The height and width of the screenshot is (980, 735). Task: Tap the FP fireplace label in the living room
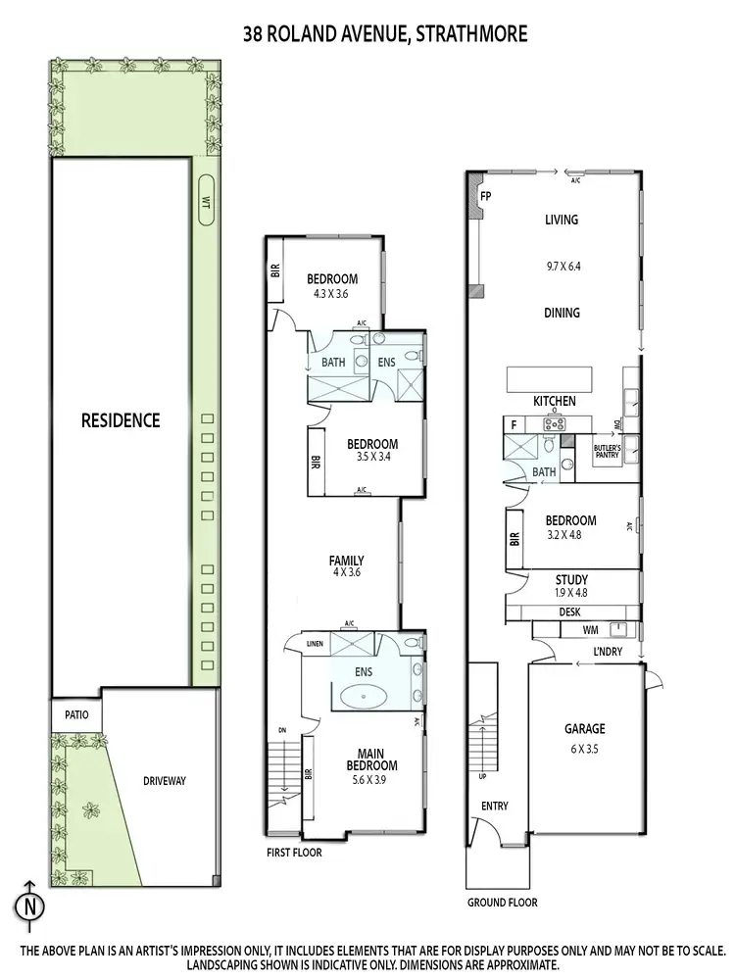485,197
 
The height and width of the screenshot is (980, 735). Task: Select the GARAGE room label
584,729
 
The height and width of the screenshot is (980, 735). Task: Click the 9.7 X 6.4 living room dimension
562,265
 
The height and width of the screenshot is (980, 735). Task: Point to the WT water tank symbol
206,200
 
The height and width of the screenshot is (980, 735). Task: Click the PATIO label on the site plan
76,715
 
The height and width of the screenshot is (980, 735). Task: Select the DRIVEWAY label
164,781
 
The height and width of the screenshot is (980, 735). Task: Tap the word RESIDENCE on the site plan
121,420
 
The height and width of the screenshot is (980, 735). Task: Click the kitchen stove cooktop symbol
555,424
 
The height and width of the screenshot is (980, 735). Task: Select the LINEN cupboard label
314,644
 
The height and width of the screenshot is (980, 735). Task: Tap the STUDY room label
570,580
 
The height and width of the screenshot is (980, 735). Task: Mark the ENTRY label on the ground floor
495,806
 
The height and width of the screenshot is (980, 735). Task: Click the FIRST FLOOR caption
294,853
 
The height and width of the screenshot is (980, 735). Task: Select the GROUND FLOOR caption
502,903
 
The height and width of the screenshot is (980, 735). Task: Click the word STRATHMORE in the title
472,34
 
